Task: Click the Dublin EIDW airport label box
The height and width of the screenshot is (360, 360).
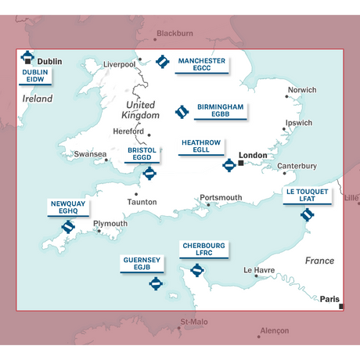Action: (36, 75)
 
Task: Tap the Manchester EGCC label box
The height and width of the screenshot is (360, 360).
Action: (202, 64)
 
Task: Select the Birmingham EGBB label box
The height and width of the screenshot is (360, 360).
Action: (221, 110)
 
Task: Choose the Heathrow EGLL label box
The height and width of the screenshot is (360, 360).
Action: (201, 146)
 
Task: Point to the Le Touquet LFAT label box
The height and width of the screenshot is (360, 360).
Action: (307, 195)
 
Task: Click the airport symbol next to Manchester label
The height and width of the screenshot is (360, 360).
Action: (163, 61)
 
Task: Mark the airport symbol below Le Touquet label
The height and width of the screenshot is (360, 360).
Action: (307, 214)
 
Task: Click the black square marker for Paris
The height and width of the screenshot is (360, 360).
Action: (340, 306)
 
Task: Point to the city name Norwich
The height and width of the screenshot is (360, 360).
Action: (302, 90)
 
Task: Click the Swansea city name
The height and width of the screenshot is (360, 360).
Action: (90, 154)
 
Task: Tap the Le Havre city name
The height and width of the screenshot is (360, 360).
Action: (259, 271)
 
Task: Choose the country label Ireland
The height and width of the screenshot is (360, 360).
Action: (38, 99)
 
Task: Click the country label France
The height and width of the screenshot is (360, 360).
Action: (319, 261)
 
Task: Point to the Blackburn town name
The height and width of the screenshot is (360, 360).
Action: (175, 34)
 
